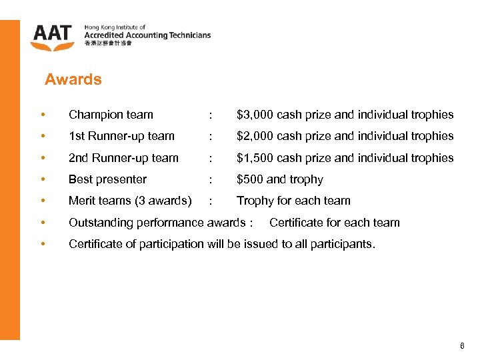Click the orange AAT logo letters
coord(53,34)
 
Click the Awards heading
coord(73,80)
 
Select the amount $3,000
coord(255,115)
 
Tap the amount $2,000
coord(255,136)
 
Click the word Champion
coord(95,115)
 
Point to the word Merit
coord(83,201)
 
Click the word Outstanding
coord(101,223)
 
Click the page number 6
coord(462,346)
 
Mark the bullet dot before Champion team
coord(43,115)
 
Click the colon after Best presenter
coord(211,179)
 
